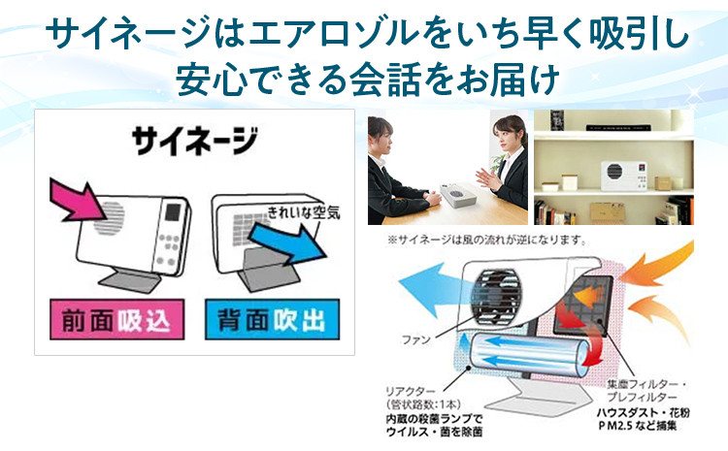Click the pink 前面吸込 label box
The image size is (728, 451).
[117, 320]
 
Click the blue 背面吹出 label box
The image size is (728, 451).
[272, 320]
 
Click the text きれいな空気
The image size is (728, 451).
[304, 212]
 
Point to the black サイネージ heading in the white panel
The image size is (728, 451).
[194, 141]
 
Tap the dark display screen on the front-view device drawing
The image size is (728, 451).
[173, 212]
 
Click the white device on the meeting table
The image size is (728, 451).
[456, 194]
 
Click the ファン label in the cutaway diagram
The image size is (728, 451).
[416, 339]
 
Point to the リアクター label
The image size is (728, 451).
[411, 393]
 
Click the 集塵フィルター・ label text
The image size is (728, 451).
[646, 385]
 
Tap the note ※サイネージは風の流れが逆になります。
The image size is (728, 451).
[487, 240]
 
